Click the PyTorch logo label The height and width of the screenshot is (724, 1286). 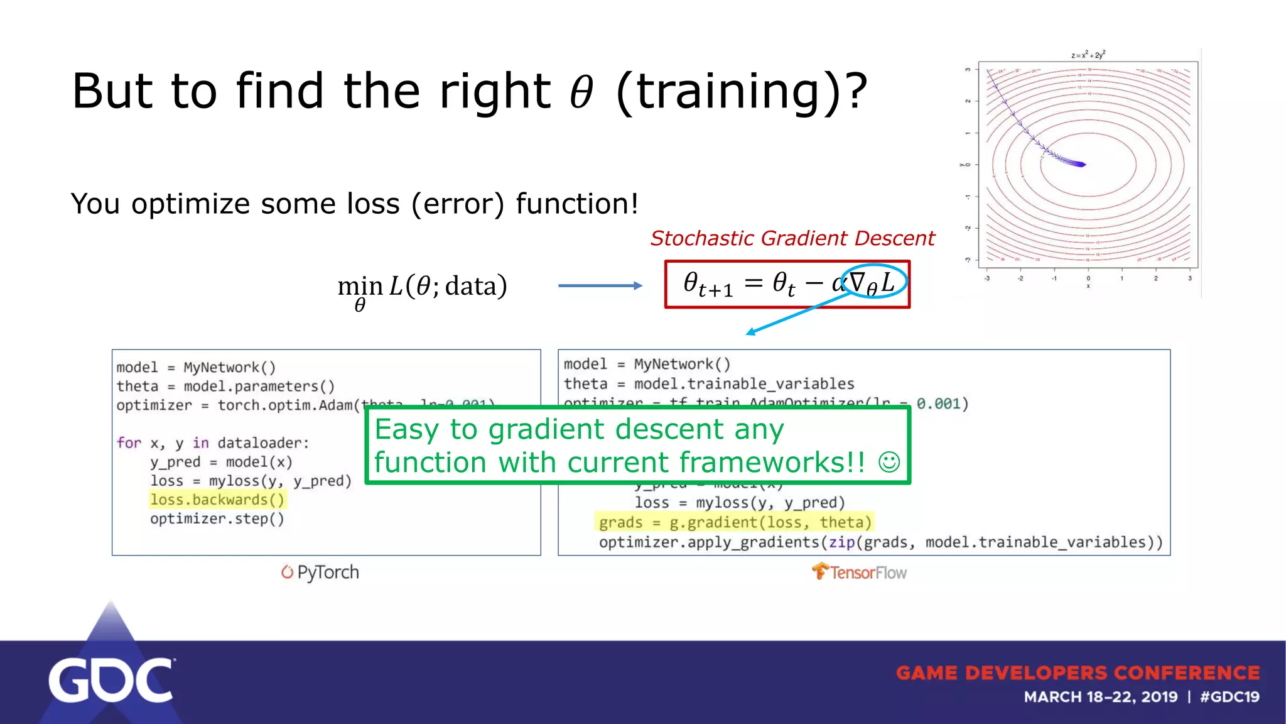tap(320, 573)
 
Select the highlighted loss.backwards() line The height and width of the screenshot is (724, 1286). tap(217, 500)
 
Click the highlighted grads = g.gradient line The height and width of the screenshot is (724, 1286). tap(735, 522)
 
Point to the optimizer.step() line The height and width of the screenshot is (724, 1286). tap(217, 519)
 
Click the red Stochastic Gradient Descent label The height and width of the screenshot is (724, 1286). tap(792, 238)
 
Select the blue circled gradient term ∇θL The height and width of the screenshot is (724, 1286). tap(873, 282)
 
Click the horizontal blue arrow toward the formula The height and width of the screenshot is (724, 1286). tap(600, 285)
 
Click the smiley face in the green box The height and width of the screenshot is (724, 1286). tap(889, 463)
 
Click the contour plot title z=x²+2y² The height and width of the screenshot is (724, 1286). tap(1088, 55)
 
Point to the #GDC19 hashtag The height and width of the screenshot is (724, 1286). tap(1229, 697)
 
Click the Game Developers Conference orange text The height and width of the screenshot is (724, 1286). tap(1078, 673)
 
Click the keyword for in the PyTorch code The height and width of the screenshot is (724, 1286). tap(129, 443)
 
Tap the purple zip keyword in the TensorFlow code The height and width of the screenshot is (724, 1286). tap(841, 542)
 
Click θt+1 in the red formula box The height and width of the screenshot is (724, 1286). tap(708, 284)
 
